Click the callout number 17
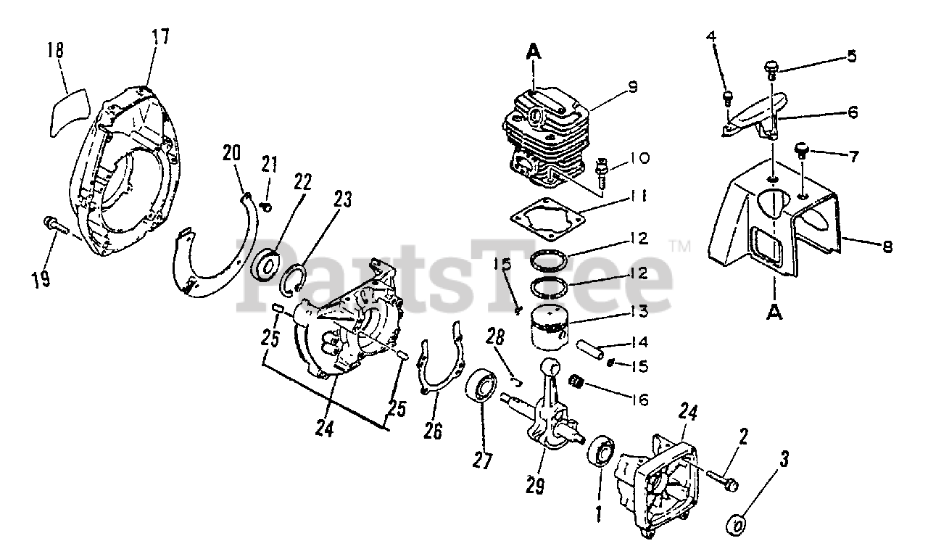click(x=160, y=36)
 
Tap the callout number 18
click(x=56, y=51)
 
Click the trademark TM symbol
click(x=681, y=247)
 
